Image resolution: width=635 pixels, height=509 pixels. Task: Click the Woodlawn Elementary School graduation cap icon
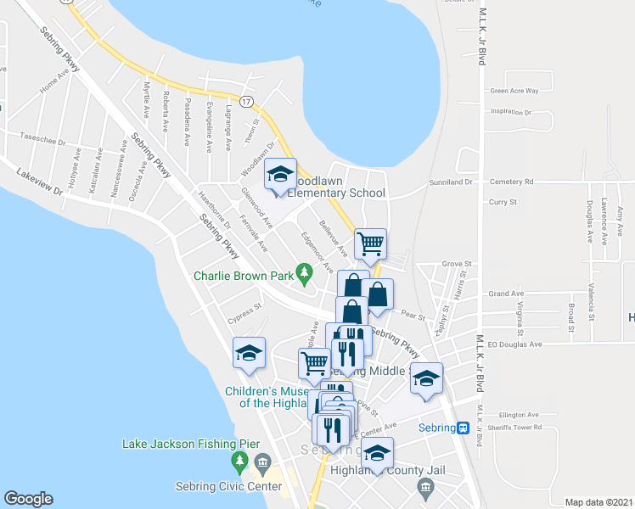coord(280,175)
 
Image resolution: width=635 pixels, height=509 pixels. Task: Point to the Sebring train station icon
coord(463,428)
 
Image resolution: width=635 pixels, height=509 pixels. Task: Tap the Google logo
coord(28,499)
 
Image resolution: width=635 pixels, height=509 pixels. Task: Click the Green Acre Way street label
coord(514,91)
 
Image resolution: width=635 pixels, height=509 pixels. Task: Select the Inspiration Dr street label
coord(511,112)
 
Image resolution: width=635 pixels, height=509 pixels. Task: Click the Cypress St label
coord(244,315)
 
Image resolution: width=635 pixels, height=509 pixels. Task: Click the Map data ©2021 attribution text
coord(599,502)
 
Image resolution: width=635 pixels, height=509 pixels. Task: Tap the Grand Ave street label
coord(506,294)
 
